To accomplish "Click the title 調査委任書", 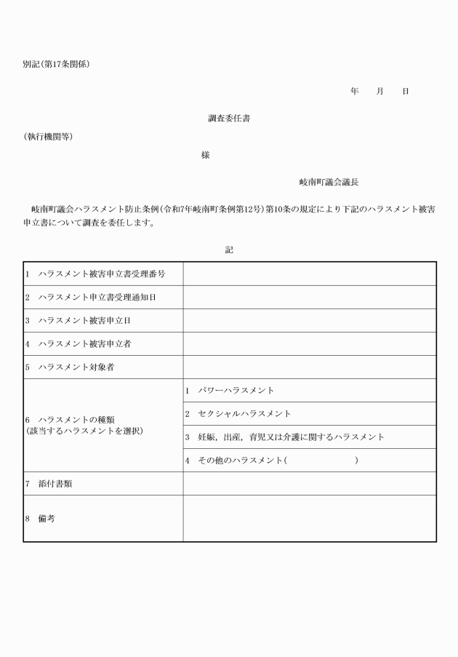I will tap(230, 117).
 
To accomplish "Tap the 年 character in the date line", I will tap(355, 91).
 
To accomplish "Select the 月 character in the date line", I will tap(379, 91).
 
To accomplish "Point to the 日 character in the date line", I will tap(406, 91).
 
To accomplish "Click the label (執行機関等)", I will tap(48, 137).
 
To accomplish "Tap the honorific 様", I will tap(206, 155).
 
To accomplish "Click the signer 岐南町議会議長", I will tap(329, 182).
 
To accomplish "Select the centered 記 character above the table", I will tap(229, 250).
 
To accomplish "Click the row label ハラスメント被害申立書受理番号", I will tap(102, 274).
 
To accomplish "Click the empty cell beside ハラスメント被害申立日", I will tap(309, 320).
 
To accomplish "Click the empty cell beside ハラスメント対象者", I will tap(309, 367).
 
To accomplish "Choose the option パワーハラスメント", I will tap(236, 391).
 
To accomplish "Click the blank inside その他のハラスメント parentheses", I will tap(321, 461).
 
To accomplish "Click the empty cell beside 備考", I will tap(309, 518).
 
